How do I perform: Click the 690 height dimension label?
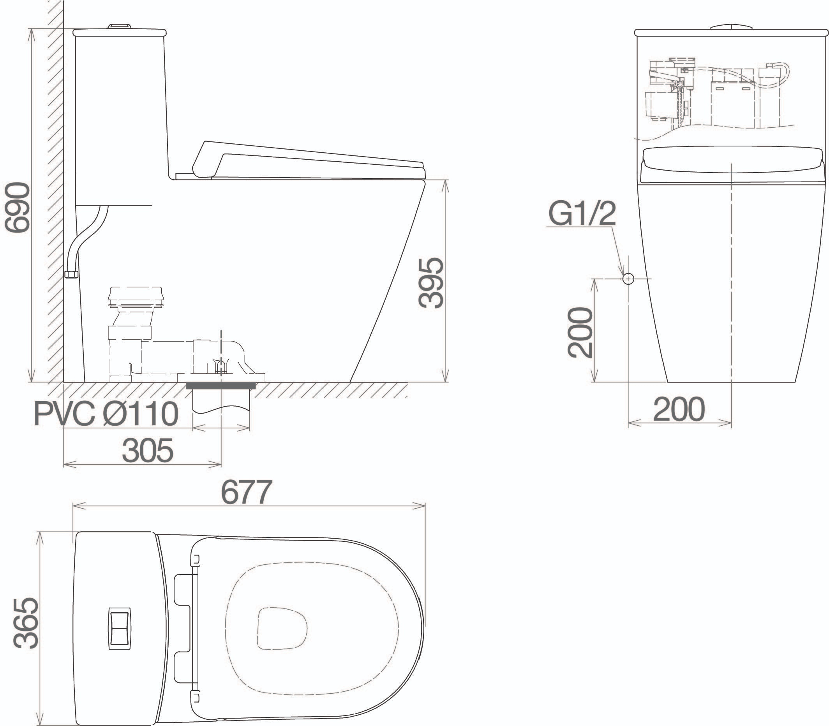(17, 208)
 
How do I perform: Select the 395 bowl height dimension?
(431, 283)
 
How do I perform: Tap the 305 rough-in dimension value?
(148, 450)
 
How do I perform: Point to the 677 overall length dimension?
(246, 492)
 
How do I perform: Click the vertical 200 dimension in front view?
(579, 332)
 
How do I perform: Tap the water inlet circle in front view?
(628, 279)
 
